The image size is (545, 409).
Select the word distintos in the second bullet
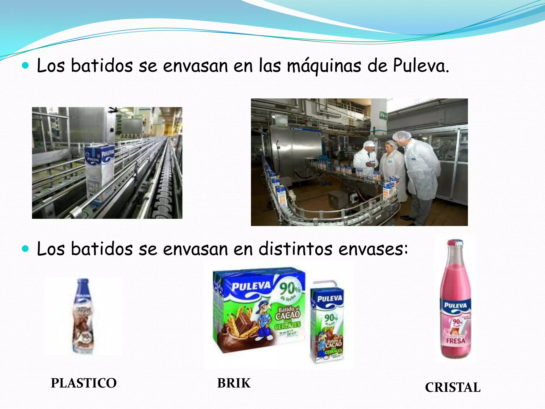pos(295,249)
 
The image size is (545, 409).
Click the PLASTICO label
pos(84,383)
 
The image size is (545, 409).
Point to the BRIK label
pos(234,383)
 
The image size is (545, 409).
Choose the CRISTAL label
pos(453,387)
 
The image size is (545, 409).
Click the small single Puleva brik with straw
pos(327,324)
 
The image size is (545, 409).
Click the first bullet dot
pos(25,66)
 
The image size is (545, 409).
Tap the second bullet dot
pos(25,249)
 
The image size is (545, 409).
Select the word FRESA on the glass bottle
pos(456,341)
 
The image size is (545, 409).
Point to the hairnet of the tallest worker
pos(402,136)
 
